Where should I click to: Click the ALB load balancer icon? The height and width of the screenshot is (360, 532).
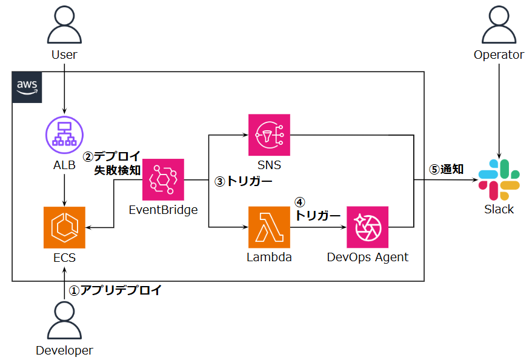tap(64, 135)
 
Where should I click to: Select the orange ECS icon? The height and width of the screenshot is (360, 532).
tap(64, 227)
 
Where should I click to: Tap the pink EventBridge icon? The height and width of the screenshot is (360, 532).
tap(163, 180)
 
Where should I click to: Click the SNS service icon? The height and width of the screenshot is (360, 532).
tap(269, 135)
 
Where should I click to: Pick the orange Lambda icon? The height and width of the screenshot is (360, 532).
tap(269, 227)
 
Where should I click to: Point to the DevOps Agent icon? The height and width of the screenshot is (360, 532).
tap(367, 227)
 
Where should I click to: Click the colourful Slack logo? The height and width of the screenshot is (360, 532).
tap(499, 180)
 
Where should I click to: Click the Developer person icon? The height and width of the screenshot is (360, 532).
tap(64, 321)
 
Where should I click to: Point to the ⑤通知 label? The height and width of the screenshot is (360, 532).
tap(447, 169)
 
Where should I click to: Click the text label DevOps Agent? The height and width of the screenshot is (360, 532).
tap(367, 257)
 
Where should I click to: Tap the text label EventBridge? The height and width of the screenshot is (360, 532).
tap(163, 210)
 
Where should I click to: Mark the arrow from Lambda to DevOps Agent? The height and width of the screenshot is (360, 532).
tap(318, 227)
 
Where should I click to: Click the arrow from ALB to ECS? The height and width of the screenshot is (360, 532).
tap(64, 188)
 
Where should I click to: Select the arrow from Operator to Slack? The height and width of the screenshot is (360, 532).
tap(499, 109)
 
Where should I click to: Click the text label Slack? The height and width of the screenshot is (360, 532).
tap(499, 209)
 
